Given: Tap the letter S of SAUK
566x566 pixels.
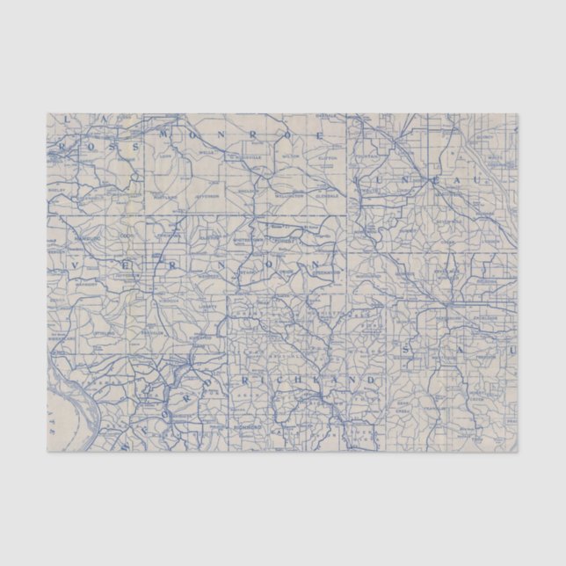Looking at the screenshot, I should click(406, 351).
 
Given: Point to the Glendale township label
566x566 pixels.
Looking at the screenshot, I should click(327, 185).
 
